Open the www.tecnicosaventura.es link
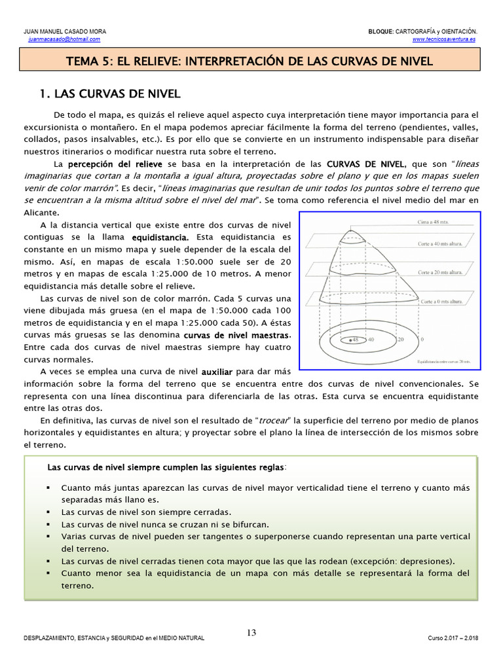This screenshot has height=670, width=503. (x=444, y=39)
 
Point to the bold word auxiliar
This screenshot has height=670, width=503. (x=216, y=372)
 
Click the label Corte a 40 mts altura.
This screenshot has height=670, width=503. (x=441, y=243)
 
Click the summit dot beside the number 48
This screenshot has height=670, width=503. (x=352, y=340)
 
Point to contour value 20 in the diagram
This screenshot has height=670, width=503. (x=400, y=340)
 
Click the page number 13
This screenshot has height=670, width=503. (x=251, y=633)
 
